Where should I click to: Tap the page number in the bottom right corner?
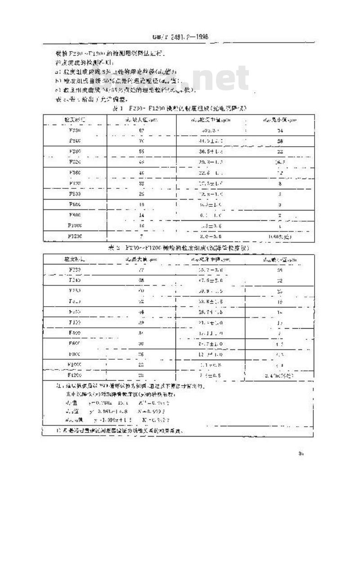coord(301,454)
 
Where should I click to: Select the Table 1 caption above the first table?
coord(179,109)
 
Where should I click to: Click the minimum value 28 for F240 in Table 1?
coord(279,141)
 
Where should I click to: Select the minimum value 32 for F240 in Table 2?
coord(279,280)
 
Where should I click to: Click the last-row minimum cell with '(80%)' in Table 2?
coord(279,374)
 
